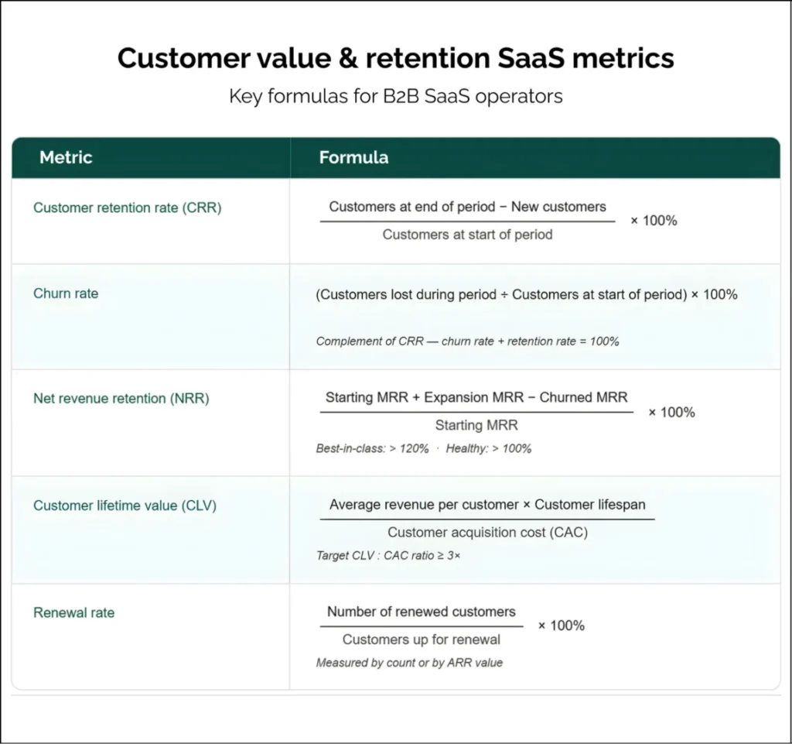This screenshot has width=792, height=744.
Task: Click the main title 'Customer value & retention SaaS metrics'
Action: pos(395,59)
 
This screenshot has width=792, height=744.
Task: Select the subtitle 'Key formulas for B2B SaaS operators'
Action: pos(395,97)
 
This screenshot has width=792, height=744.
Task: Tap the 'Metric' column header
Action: pos(66,157)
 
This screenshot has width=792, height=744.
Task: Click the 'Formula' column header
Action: pos(353,157)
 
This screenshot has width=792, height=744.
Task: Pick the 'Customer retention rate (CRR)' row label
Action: pos(128,207)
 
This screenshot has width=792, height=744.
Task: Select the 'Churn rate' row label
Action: pos(66,293)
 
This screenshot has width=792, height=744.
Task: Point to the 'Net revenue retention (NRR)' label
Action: pos(121,398)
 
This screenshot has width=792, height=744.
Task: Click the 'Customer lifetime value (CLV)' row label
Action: pos(125,506)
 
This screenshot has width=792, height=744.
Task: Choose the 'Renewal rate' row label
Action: pos(73,612)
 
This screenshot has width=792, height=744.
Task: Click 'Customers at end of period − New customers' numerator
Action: pos(467,207)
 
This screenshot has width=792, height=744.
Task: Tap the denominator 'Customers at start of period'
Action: pos(467,235)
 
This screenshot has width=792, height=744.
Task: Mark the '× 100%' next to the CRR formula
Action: pos(654,221)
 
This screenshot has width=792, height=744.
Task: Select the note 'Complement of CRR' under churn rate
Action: pos(370,341)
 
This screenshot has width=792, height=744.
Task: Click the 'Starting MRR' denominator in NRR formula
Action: pos(476,425)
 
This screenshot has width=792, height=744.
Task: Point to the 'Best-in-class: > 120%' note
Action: pos(372,448)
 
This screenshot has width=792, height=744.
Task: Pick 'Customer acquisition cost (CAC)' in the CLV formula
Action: pos(486,532)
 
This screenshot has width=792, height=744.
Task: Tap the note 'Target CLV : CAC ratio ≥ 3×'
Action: pos(388,556)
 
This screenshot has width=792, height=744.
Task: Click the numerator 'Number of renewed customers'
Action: pos(421,612)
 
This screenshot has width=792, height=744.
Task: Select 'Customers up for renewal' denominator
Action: pos(421,639)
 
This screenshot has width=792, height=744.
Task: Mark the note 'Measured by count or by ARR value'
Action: pos(409,663)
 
